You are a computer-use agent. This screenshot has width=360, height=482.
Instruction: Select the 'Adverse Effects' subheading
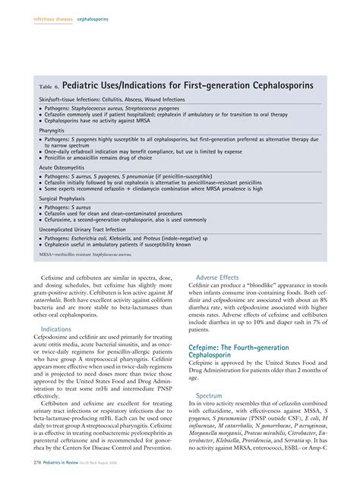point(219,278)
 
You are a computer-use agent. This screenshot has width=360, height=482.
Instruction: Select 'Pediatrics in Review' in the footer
point(65,473)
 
